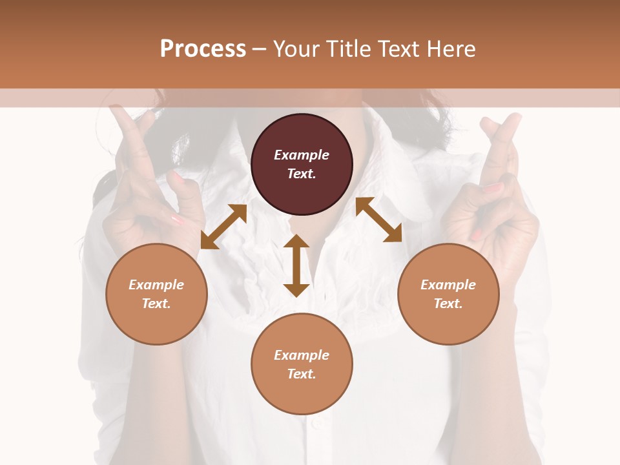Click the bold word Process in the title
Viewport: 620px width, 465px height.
pos(203,49)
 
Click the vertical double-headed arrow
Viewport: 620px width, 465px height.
pos(296,265)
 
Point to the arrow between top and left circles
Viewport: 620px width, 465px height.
pos(223,226)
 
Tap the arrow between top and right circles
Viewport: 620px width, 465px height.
pos(378,220)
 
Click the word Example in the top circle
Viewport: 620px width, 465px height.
pos(302,155)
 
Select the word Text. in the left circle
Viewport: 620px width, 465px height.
pos(156,304)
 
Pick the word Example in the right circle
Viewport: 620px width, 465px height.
pos(448,285)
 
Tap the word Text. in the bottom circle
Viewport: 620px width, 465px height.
pos(302,374)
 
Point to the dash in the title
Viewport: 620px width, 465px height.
pos(260,49)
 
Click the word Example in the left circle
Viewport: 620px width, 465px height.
pos(156,285)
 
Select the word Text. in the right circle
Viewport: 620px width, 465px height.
pos(448,304)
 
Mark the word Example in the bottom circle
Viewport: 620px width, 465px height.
pos(302,355)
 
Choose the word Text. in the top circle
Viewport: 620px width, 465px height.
pos(302,174)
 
